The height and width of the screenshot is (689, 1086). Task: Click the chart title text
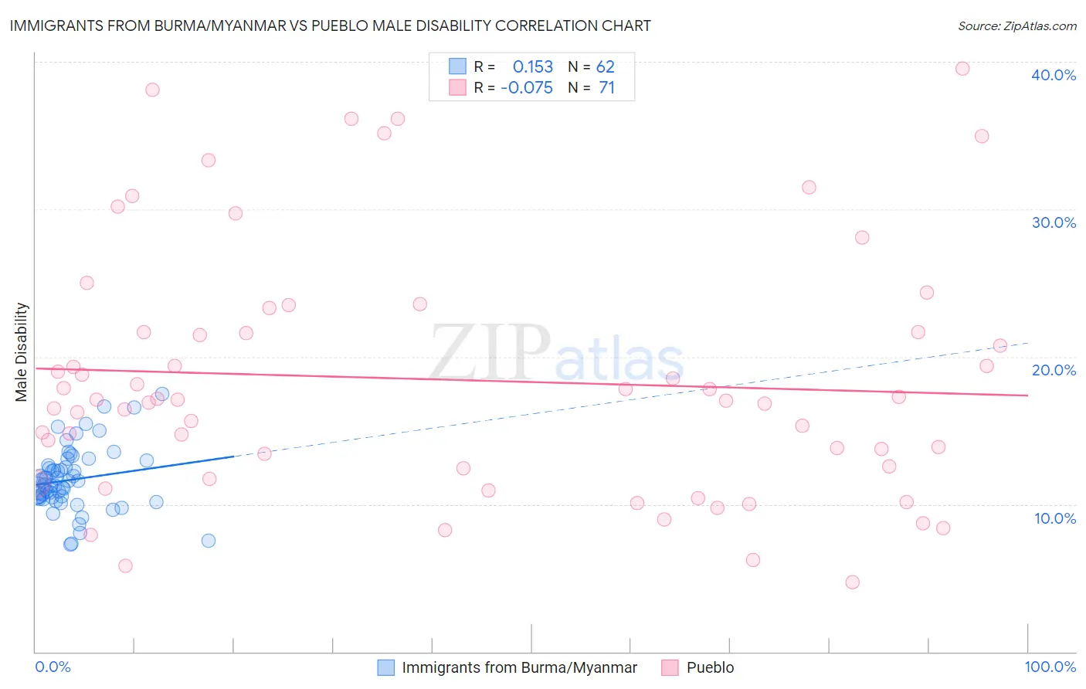click(x=330, y=25)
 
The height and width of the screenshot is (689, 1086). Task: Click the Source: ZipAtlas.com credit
click(x=1016, y=25)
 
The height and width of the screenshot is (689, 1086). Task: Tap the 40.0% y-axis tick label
click(x=1054, y=75)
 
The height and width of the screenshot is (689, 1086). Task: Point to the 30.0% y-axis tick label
click(x=1054, y=222)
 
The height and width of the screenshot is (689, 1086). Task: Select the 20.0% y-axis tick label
click(x=1054, y=370)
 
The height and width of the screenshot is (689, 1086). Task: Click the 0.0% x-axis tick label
click(x=53, y=667)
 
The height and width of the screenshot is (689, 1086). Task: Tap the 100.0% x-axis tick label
click(x=1050, y=667)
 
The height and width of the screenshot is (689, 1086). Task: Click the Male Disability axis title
click(x=22, y=351)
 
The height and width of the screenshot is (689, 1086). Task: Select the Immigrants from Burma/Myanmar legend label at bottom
click(x=519, y=667)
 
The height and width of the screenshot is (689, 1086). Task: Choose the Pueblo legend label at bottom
click(x=710, y=667)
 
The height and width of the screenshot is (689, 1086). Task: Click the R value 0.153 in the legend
click(x=533, y=66)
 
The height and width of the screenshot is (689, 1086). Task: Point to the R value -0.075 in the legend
click(x=527, y=88)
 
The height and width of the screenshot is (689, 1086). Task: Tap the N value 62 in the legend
click(x=606, y=66)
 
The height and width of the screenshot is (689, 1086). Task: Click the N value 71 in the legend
click(x=607, y=88)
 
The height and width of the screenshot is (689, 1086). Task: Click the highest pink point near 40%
click(x=962, y=69)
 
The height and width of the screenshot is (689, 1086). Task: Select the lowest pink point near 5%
click(x=853, y=582)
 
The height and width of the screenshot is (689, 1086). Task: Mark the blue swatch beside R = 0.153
click(x=458, y=66)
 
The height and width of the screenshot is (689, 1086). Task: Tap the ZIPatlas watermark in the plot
click(x=556, y=352)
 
